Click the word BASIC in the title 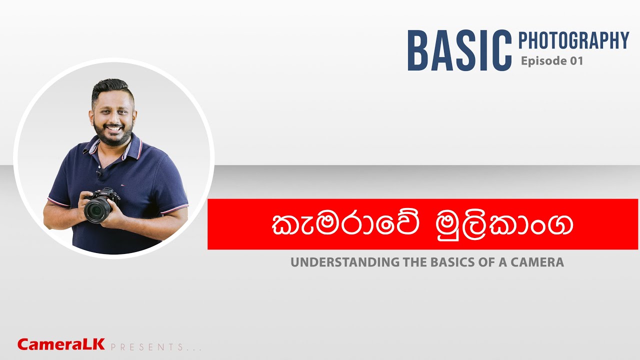[x=459, y=50]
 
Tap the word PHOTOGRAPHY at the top [x=573, y=40]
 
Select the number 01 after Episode [x=574, y=61]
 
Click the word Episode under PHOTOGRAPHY [x=542, y=61]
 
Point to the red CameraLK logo [x=61, y=344]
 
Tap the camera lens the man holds [x=95, y=210]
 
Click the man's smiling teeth [x=113, y=128]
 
